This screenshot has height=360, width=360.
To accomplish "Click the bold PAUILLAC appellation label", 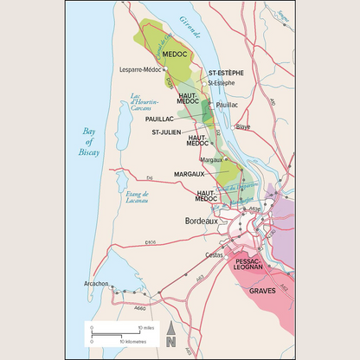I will coord(159,119).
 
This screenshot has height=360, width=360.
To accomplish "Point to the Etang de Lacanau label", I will coord(137,198).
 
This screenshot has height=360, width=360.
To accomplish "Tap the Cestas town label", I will coord(214,255).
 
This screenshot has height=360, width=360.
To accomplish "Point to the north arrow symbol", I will coord(171,330).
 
